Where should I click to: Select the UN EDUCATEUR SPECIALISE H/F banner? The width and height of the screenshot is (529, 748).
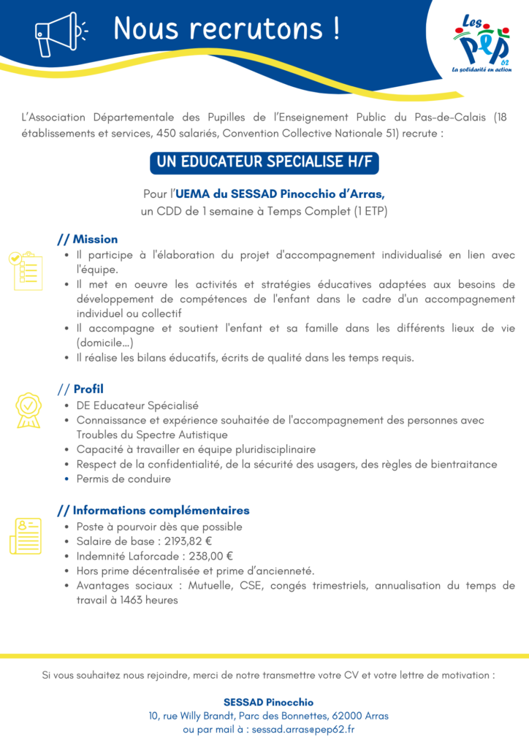264,162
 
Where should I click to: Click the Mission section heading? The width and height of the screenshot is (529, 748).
95,239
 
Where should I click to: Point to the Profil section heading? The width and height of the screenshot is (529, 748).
88,389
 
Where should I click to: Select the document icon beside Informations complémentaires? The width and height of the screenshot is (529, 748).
26,535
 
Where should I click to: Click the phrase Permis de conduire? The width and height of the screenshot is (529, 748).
123,479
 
